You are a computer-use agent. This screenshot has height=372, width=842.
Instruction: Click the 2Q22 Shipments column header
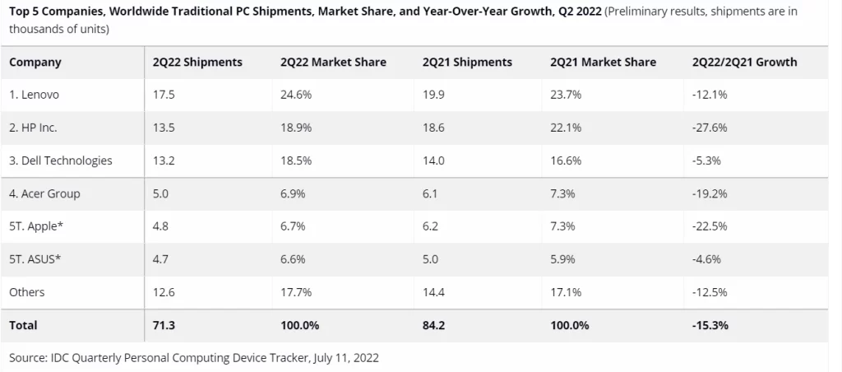[x=197, y=63]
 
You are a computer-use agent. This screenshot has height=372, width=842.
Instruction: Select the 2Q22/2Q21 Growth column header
[x=744, y=63]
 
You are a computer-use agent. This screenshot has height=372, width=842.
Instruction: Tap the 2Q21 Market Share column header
[x=603, y=63]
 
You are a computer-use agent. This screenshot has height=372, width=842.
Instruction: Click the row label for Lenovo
[x=35, y=95]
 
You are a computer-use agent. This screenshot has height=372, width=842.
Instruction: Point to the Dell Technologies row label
[x=60, y=160]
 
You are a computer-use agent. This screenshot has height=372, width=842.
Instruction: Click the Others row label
[x=27, y=292]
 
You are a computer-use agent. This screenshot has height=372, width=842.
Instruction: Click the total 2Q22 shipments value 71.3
[x=164, y=325]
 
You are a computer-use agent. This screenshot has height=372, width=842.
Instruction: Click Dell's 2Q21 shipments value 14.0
[x=433, y=160]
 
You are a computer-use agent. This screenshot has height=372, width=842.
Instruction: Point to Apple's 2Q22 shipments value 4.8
[x=161, y=226]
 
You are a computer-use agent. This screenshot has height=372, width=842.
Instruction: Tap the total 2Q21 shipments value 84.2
[x=433, y=325]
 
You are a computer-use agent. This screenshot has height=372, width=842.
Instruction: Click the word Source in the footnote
[x=29, y=358]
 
